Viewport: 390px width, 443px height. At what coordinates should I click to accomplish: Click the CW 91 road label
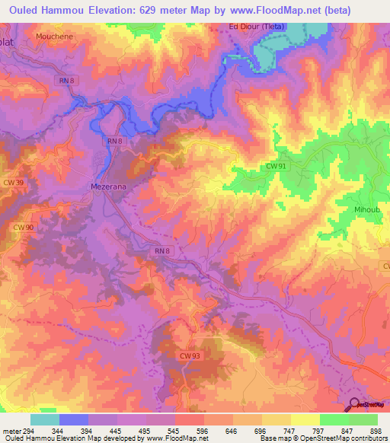pyautogui.click(x=277, y=165)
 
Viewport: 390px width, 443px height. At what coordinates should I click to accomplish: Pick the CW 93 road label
pyautogui.click(x=190, y=333)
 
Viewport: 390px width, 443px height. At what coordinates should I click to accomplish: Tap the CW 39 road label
pyautogui.click(x=14, y=182)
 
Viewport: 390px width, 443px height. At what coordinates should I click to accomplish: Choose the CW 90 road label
pyautogui.click(x=24, y=228)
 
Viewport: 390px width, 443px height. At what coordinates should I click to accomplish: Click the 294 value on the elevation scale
pyautogui.click(x=27, y=432)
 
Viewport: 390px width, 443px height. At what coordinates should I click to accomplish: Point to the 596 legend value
pyautogui.click(x=202, y=432)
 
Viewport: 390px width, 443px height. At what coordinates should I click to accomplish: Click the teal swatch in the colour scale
pyautogui.click(x=44, y=419)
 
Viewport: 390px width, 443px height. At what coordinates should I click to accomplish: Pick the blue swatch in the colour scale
pyautogui.click(x=74, y=419)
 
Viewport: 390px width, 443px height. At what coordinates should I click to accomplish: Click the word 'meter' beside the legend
pyautogui.click(x=10, y=432)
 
